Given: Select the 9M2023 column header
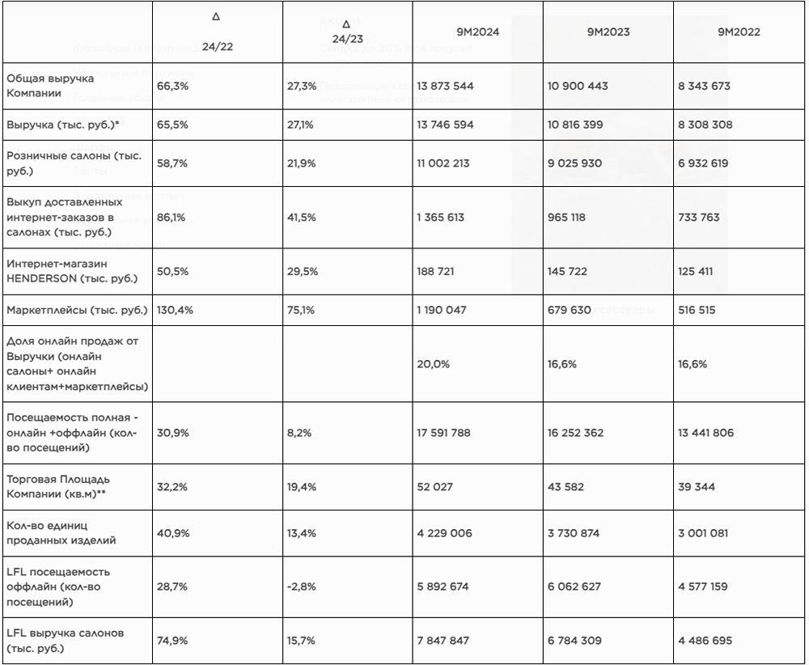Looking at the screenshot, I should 608,32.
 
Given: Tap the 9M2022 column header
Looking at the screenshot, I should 739,32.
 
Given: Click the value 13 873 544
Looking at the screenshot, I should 445,86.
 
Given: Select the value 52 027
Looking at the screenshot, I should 435,487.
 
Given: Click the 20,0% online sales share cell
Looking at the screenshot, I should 433,364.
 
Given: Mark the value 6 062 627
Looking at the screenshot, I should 574,587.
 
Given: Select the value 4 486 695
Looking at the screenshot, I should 705,641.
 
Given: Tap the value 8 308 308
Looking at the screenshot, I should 705,125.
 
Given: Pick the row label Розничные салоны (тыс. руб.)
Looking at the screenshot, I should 74,163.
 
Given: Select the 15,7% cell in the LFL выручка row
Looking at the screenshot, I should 303,641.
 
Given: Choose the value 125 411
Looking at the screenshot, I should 696,271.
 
